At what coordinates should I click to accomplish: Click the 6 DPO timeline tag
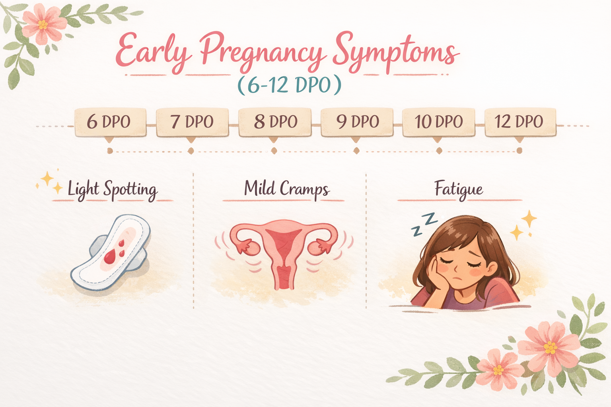pos(110,122)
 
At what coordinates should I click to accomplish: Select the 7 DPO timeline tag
pos(192,122)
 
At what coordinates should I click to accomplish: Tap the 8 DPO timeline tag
pos(275,122)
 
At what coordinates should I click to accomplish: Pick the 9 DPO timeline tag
pos(357,122)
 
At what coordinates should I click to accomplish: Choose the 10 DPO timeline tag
pos(439,122)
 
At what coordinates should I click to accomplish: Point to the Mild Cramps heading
pos(286,188)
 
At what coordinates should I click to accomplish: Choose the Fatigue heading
pos(459,189)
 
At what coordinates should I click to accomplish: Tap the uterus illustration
pos(284,250)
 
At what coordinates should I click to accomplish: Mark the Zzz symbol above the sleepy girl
pos(424,224)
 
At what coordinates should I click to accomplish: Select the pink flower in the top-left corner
pos(43,25)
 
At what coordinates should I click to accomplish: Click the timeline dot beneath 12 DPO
pos(519,151)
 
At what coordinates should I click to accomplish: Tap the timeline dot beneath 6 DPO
pos(110,151)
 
